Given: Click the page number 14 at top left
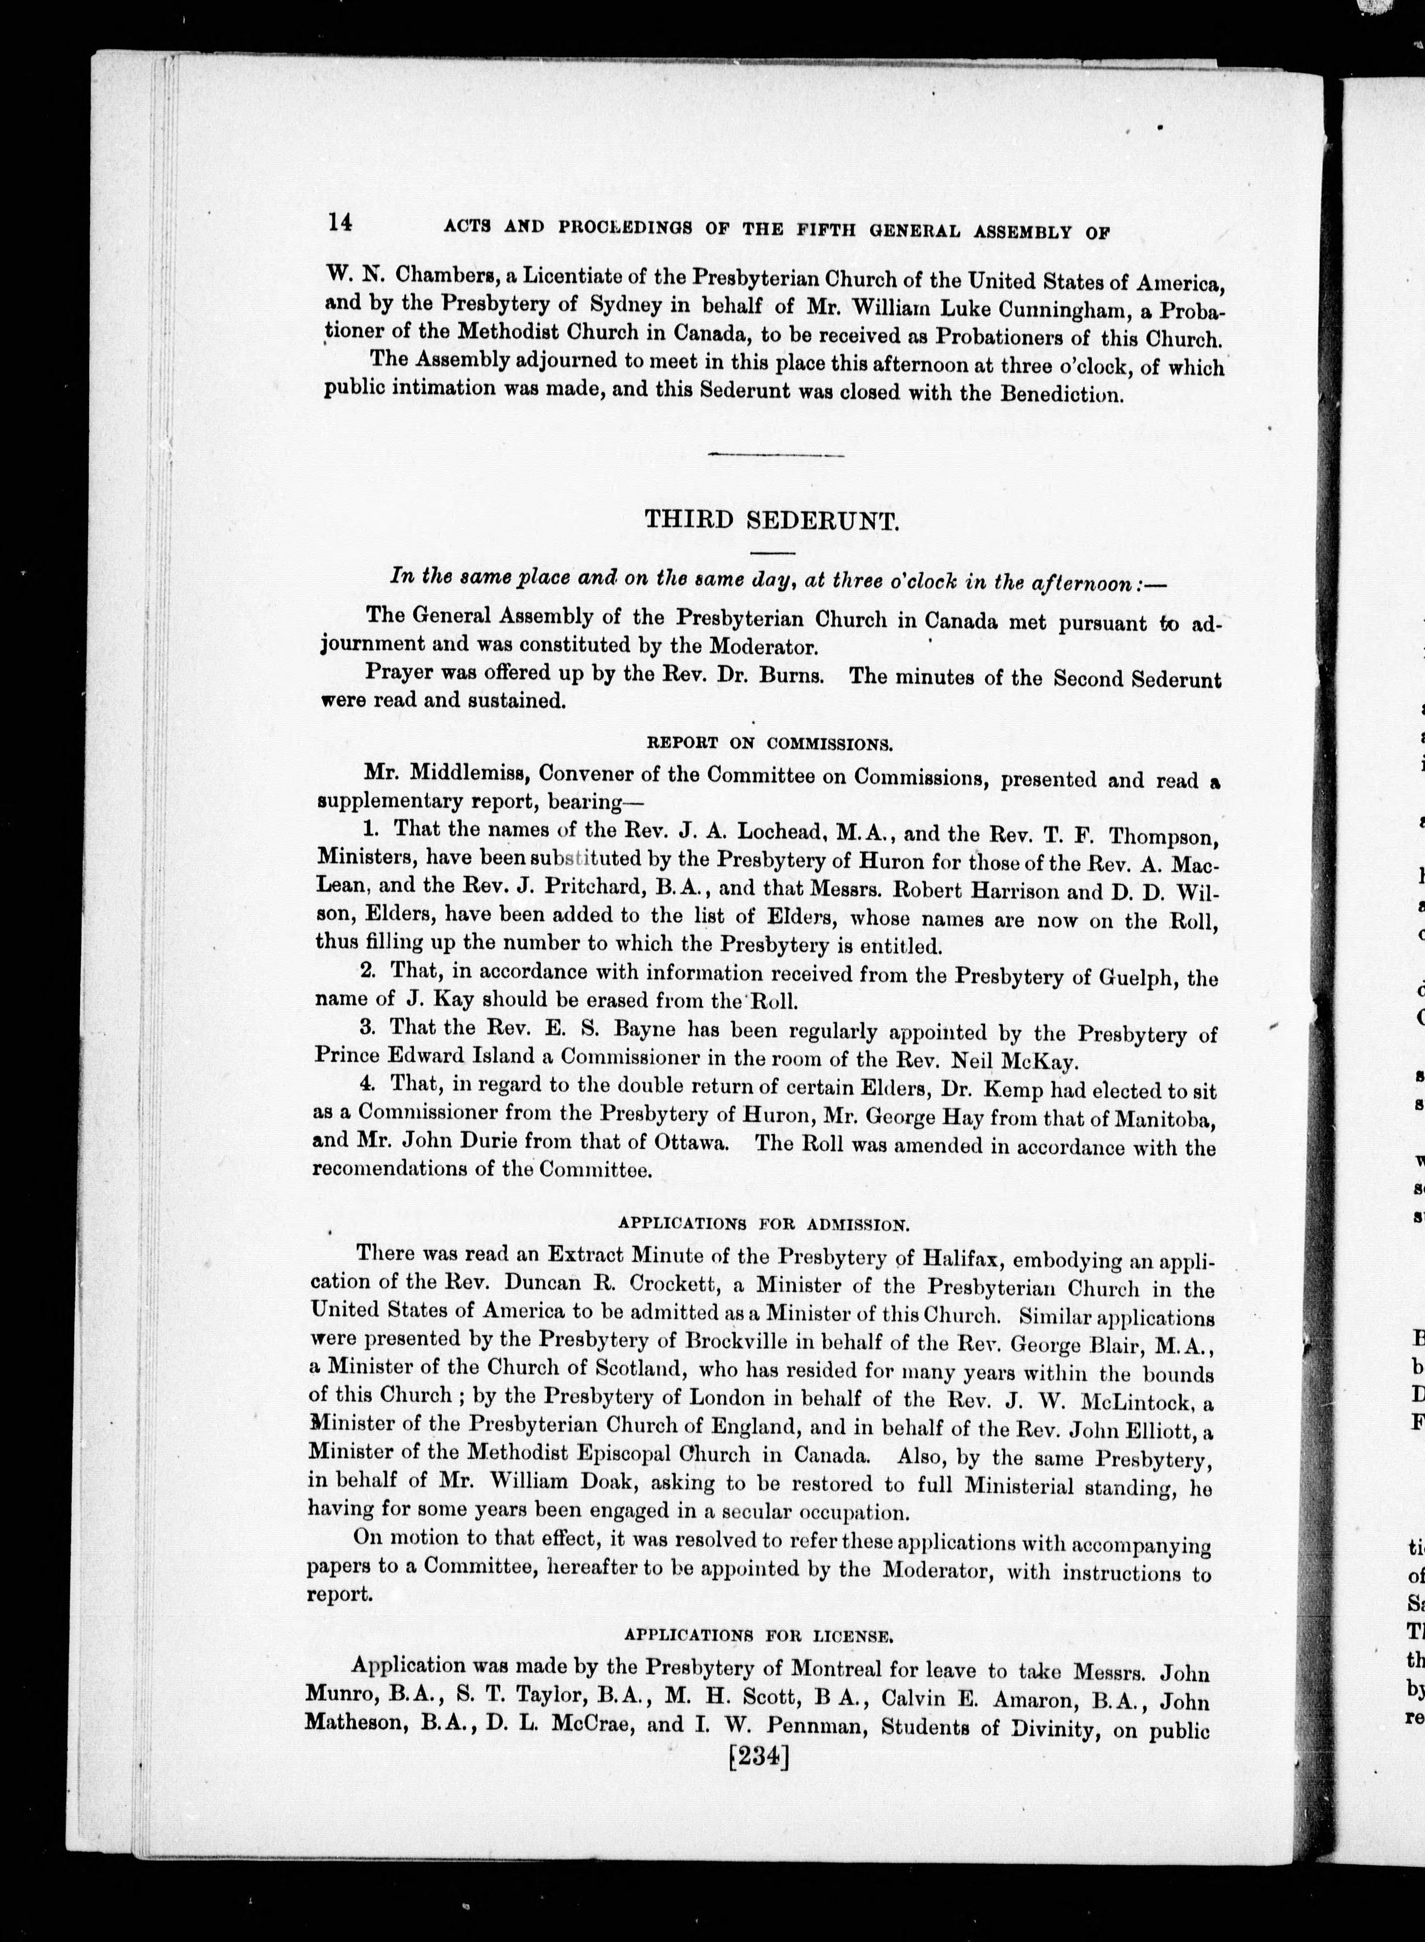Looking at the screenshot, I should coord(339,222).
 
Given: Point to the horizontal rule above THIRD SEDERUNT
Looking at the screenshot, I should coord(774,455).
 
